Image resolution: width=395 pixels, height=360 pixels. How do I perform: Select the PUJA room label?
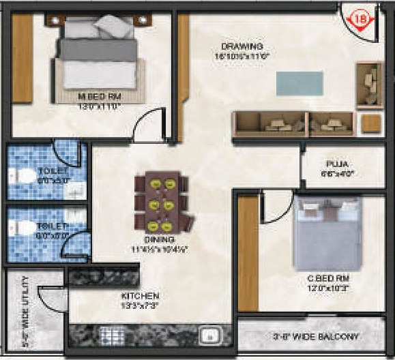(x=336, y=164)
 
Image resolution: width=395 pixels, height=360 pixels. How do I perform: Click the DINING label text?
(x=160, y=240)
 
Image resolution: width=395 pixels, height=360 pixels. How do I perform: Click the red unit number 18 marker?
(x=362, y=20)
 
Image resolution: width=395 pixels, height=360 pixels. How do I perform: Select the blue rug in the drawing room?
(x=299, y=83)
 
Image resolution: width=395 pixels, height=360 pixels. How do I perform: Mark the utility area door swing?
(x=50, y=299)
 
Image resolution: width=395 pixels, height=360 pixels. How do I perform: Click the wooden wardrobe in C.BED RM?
(x=248, y=252)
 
